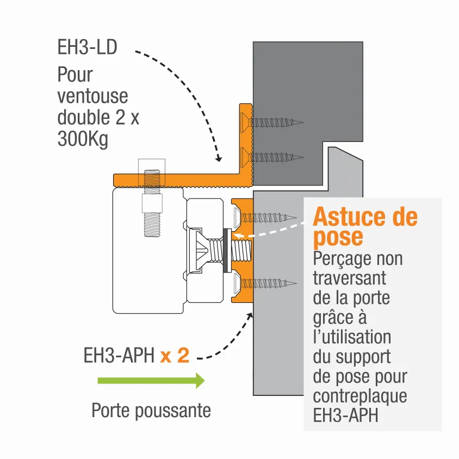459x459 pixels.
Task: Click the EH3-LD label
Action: click(87, 47)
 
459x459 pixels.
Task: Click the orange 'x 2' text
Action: click(175, 356)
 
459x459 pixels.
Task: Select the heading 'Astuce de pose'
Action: click(364, 227)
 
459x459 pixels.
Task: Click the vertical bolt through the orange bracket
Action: click(152, 204)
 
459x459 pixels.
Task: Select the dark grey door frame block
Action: click(308, 92)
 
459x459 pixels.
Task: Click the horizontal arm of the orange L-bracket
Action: click(179, 179)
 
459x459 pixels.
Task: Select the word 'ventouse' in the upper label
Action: click(92, 96)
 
